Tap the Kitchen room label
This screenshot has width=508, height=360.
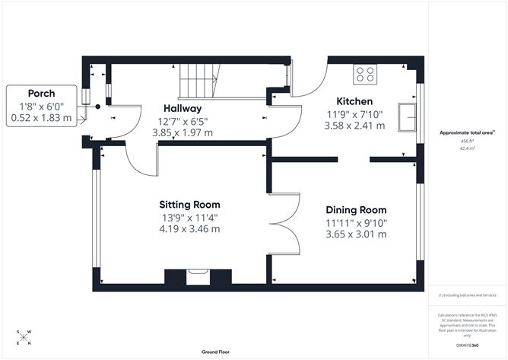pyautogui.click(x=354, y=101)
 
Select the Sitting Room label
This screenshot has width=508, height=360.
pyautogui.click(x=189, y=204)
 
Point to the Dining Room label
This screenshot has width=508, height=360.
pyautogui.click(x=356, y=209)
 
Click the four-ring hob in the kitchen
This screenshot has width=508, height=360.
pyautogui.click(x=365, y=74)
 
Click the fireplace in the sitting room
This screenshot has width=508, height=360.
pyautogui.click(x=199, y=278)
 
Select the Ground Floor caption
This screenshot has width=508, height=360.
pyautogui.click(x=217, y=352)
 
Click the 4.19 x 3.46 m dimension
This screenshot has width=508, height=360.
pyautogui.click(x=189, y=228)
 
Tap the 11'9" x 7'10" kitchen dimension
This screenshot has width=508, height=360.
pyautogui.click(x=354, y=114)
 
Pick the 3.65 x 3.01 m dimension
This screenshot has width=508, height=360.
pyautogui.click(x=356, y=234)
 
